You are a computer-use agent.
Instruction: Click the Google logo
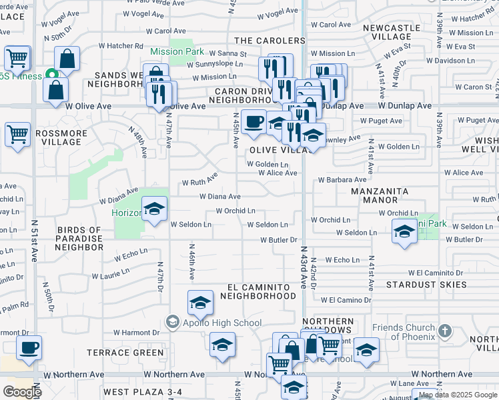coord(22,392)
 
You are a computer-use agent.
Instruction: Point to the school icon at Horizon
coord(154,211)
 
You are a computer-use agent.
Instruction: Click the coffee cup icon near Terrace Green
coord(29,349)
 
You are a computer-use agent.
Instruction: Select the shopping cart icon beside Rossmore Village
coord(17,135)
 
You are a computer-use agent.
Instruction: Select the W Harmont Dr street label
coord(136,332)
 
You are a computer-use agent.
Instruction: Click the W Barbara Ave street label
coord(342,180)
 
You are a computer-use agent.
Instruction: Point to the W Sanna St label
coord(227,53)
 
